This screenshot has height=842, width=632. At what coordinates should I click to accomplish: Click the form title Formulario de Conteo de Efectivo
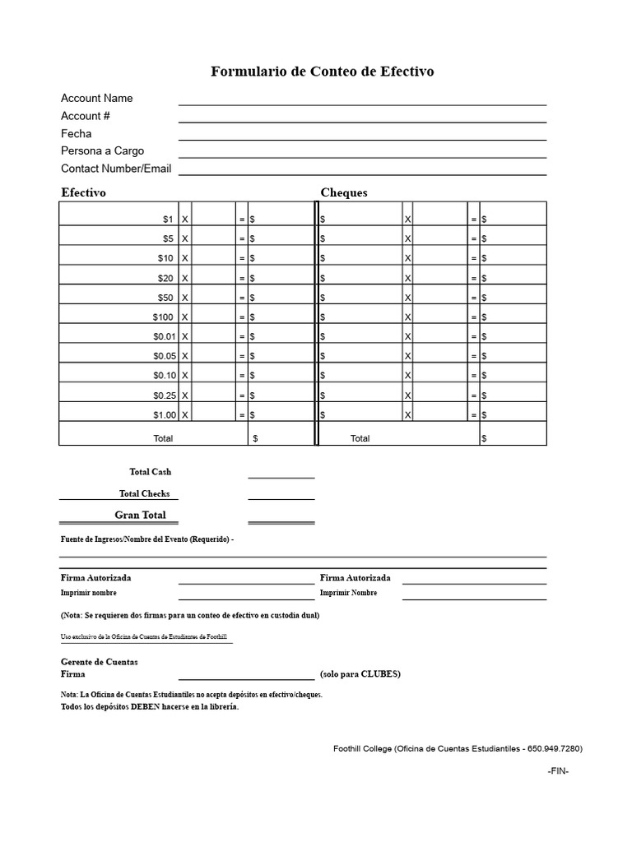pyautogui.click(x=323, y=72)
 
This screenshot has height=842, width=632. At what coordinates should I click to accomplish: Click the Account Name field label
pyautogui.click(x=96, y=98)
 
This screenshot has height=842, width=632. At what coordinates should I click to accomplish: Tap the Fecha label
pyautogui.click(x=77, y=133)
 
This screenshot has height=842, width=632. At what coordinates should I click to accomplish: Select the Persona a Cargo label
pyautogui.click(x=102, y=150)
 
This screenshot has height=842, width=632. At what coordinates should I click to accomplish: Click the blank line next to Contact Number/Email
pyautogui.click(x=362, y=173)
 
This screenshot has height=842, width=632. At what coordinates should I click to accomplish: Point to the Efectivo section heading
pyautogui.click(x=83, y=192)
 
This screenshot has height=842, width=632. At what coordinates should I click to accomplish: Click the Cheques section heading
pyautogui.click(x=344, y=192)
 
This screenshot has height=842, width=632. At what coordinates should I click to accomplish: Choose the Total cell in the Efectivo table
pyautogui.click(x=163, y=438)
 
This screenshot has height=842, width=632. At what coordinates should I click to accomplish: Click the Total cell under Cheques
pyautogui.click(x=360, y=438)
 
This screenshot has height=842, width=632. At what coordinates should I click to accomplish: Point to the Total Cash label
pyautogui.click(x=150, y=472)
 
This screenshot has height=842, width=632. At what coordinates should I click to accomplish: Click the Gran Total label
pyautogui.click(x=140, y=515)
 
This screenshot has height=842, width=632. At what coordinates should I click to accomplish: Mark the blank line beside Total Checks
pyautogui.click(x=281, y=497)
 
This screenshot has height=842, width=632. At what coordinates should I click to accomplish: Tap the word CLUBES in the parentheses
pyautogui.click(x=379, y=674)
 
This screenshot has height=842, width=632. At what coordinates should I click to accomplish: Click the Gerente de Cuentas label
pyautogui.click(x=100, y=661)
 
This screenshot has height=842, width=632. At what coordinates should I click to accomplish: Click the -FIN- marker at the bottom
pyautogui.click(x=558, y=771)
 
